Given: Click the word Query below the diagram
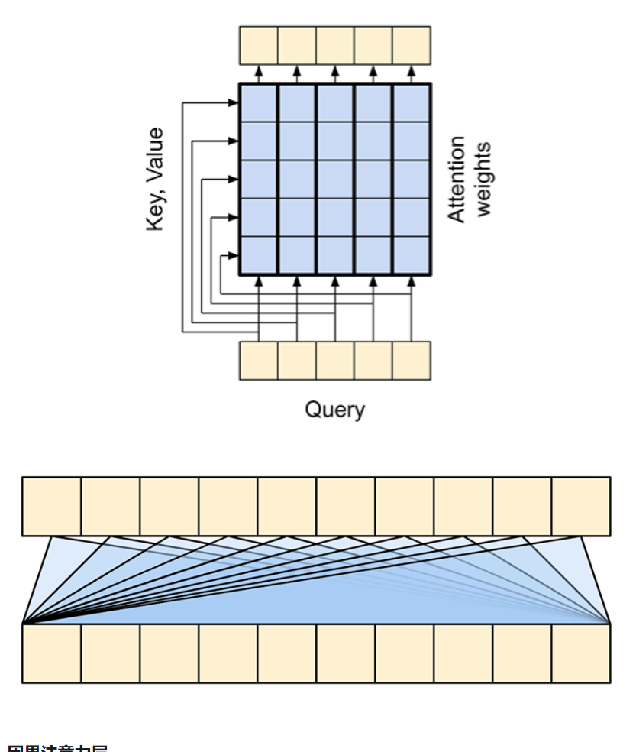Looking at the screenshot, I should click(334, 410).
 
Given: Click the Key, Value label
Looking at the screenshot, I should click(156, 180).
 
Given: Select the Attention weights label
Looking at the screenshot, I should click(468, 180).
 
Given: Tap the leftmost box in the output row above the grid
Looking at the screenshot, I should click(258, 45).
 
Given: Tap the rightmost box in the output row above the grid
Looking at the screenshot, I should click(412, 45).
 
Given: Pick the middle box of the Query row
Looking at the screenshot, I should click(334, 361).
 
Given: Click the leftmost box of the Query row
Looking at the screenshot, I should click(258, 361).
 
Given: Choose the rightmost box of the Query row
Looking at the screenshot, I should click(412, 361).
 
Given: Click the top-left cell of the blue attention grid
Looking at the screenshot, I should click(258, 102).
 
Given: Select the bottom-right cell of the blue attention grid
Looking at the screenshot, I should click(412, 256).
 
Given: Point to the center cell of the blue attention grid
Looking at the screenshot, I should click(334, 180).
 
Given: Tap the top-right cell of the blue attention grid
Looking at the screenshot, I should click(412, 102).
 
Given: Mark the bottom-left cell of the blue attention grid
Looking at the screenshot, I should click(258, 256).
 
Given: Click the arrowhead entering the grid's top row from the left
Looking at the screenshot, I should click(234, 102).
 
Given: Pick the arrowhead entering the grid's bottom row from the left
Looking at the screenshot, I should click(234, 256).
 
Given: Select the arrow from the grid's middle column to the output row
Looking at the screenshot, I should click(334, 74).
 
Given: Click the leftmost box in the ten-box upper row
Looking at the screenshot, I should click(51, 506).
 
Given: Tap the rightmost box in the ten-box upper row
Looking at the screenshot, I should click(581, 506).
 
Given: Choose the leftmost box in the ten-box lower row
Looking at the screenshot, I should click(51, 653).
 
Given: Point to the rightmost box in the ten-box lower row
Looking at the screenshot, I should click(581, 653).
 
